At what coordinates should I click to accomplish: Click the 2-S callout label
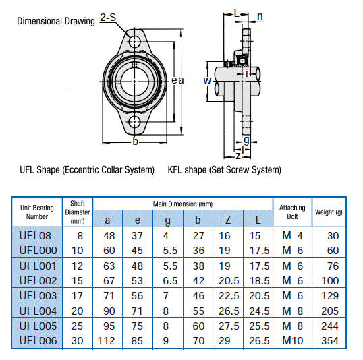[108, 18]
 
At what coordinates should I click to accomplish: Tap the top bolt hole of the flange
[136, 40]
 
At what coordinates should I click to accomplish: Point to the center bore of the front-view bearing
[136, 81]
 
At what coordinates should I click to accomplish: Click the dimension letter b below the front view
[136, 141]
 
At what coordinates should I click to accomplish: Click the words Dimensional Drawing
[56, 21]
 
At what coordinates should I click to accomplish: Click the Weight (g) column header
[329, 212]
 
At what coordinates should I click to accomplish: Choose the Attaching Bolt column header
[292, 212]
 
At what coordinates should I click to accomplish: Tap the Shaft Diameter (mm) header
[78, 212]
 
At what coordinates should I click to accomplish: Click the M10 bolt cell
[292, 340]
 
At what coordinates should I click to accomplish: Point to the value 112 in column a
[108, 340]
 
